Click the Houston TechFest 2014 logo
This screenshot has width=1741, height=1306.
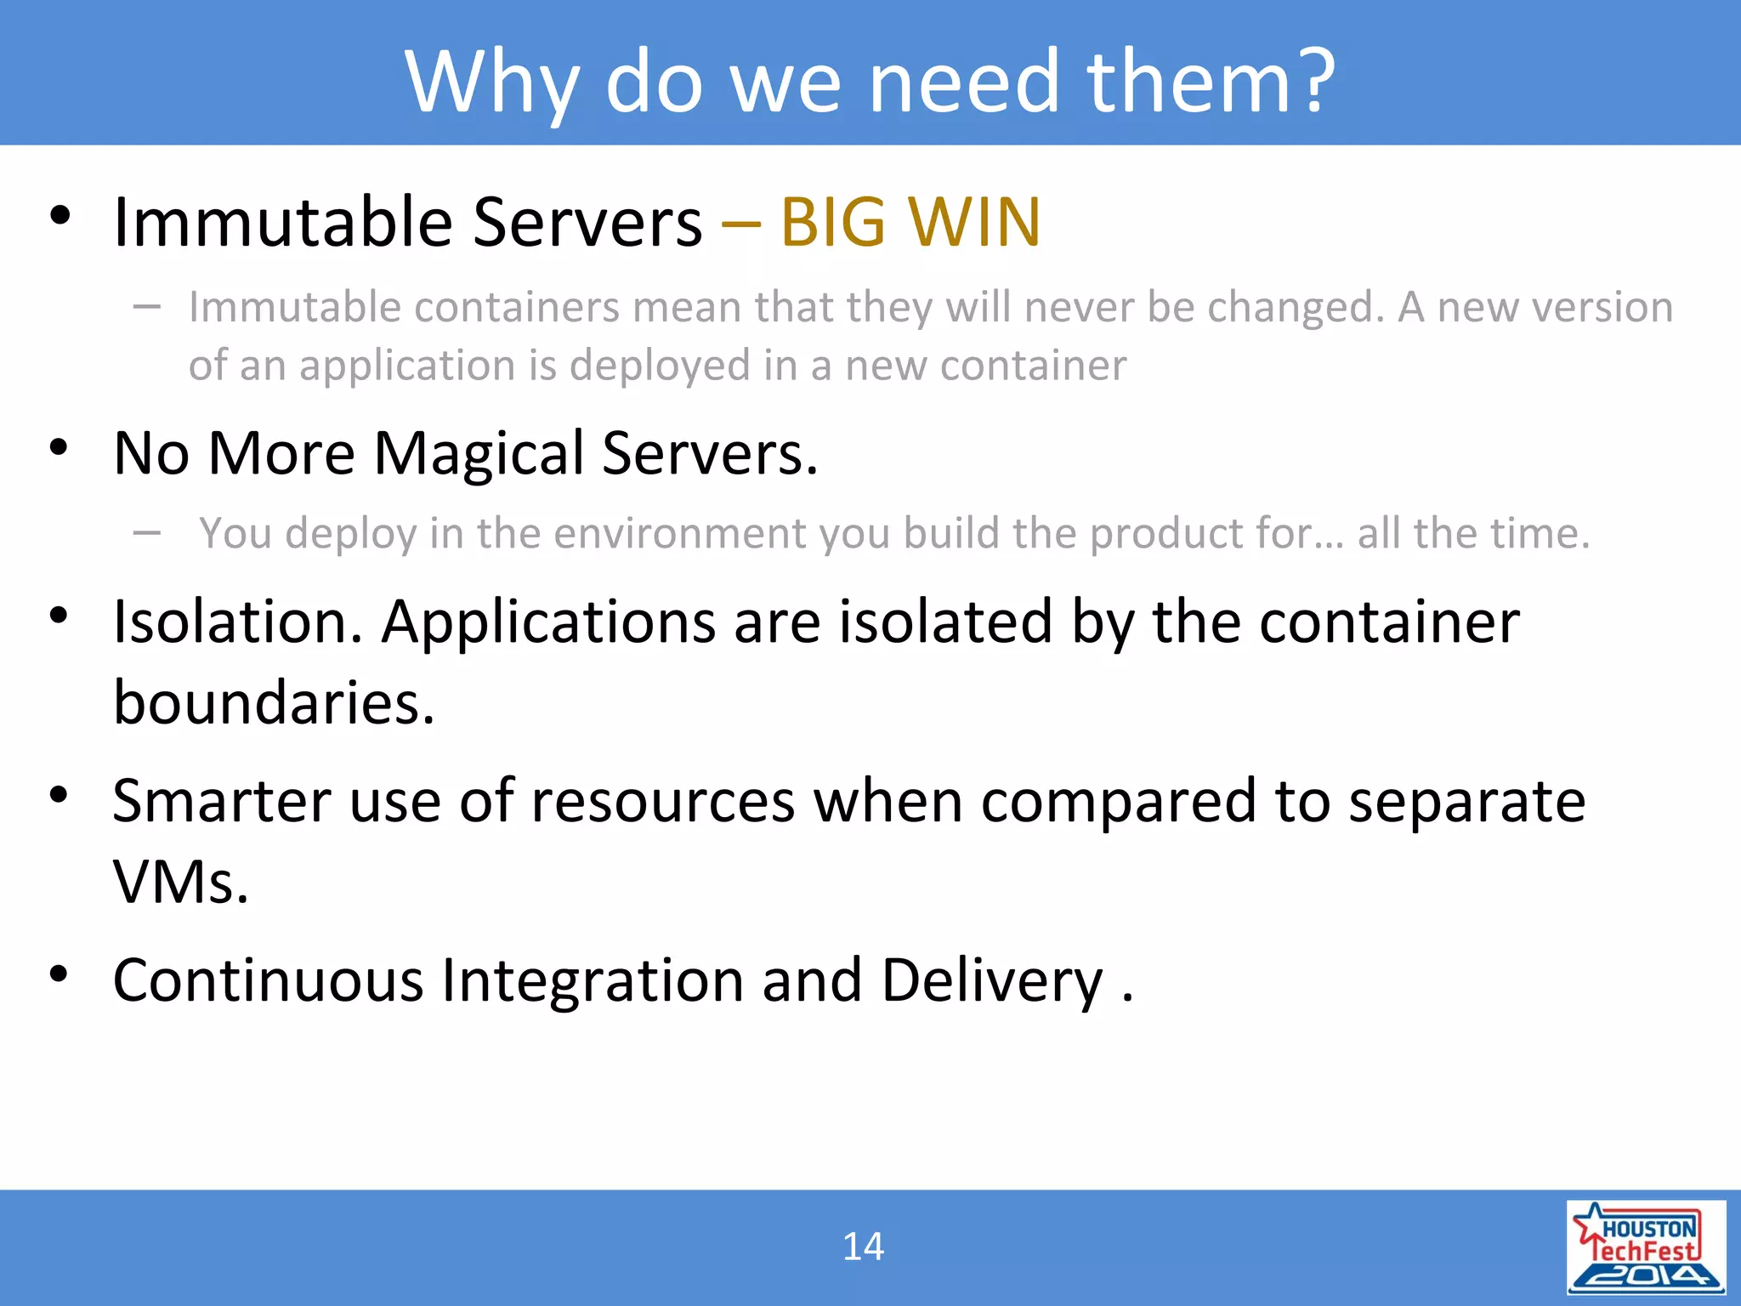[x=1646, y=1247]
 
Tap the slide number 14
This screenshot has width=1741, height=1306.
[x=863, y=1247]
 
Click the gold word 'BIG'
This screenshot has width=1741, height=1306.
[x=832, y=222]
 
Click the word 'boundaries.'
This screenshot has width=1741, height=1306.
[x=274, y=703]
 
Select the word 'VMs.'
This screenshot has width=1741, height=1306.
[x=180, y=883]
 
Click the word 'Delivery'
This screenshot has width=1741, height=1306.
[x=991, y=980]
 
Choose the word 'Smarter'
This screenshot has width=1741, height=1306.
[x=222, y=801]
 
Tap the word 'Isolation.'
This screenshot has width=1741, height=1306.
[x=238, y=622]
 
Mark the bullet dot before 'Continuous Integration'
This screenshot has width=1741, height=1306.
[x=59, y=974]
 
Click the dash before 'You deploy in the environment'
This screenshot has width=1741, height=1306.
[x=147, y=534]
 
